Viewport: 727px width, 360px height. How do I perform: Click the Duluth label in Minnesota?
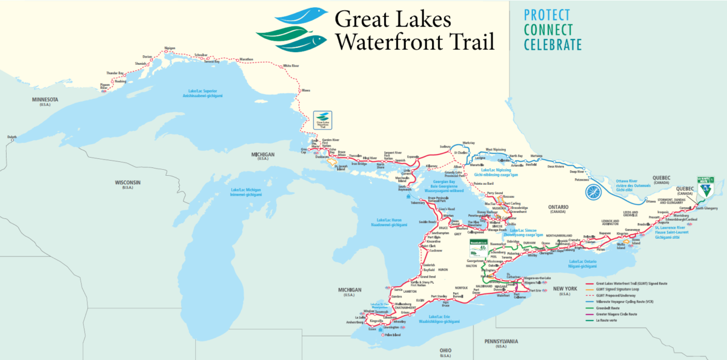(x=12, y=138)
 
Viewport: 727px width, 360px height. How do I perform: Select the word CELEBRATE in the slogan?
(x=553, y=44)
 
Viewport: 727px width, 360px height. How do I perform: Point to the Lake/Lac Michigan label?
(x=246, y=192)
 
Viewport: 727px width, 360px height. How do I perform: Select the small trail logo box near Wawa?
(x=323, y=119)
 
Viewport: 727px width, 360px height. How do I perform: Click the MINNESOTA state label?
(x=45, y=99)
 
